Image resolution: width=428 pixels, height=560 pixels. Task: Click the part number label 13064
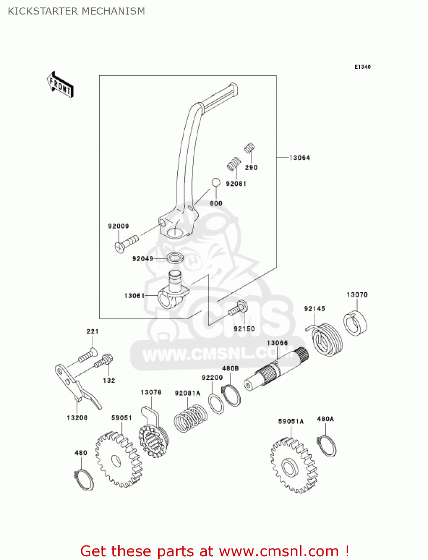(x=299, y=158)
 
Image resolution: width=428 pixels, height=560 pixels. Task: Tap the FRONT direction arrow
(x=60, y=85)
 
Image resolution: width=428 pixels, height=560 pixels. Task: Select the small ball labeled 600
(x=216, y=183)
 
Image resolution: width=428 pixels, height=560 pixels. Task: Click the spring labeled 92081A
(x=191, y=418)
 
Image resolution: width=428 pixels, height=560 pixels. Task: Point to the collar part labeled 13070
(x=355, y=323)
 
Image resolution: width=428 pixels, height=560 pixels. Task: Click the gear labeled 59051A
(x=293, y=465)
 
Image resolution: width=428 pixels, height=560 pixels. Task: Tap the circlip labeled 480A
(x=328, y=446)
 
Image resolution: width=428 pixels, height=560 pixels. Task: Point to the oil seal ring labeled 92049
(x=175, y=258)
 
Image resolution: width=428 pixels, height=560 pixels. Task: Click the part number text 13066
(x=277, y=343)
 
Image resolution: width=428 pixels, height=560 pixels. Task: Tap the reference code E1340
(x=362, y=67)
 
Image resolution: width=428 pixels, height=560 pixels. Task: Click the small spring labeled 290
(x=249, y=148)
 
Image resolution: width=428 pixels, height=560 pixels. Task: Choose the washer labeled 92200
(x=216, y=403)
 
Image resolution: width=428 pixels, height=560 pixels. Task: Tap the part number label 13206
(x=77, y=417)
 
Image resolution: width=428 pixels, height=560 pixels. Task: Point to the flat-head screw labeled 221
(x=87, y=355)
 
